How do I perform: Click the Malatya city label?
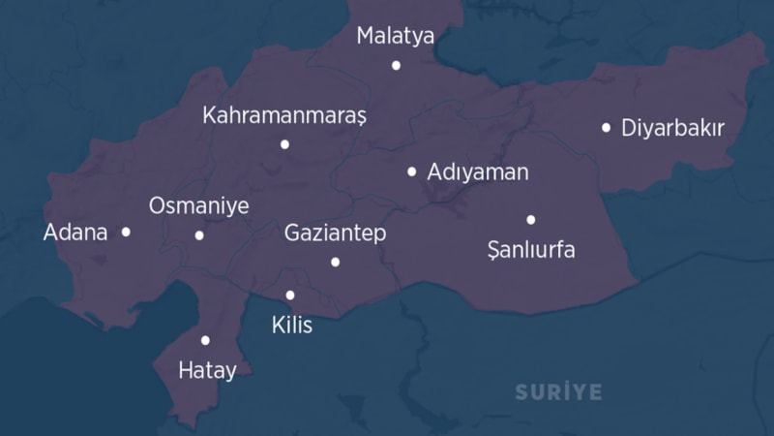coord(396,36)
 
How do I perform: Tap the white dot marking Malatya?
coord(396,65)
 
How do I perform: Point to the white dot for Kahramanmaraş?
coord(284,144)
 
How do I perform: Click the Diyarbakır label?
coord(672,128)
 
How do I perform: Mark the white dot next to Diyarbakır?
coord(606,127)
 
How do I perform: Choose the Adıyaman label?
coord(478,172)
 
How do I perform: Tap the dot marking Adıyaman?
coord(412,171)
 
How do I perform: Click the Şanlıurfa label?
coord(531,250)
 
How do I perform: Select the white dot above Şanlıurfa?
coord(530,219)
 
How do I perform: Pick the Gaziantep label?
coord(335,233)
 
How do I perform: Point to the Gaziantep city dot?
coord(335,262)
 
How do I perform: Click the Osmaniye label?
coord(198,206)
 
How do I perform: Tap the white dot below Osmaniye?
coord(199,234)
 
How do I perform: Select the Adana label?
coord(75,233)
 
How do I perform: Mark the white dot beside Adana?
coord(126,232)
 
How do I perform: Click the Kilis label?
coord(292,325)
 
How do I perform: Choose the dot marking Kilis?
coord(290,296)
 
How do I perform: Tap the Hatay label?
coord(207,370)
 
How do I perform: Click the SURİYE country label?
coord(558,392)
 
